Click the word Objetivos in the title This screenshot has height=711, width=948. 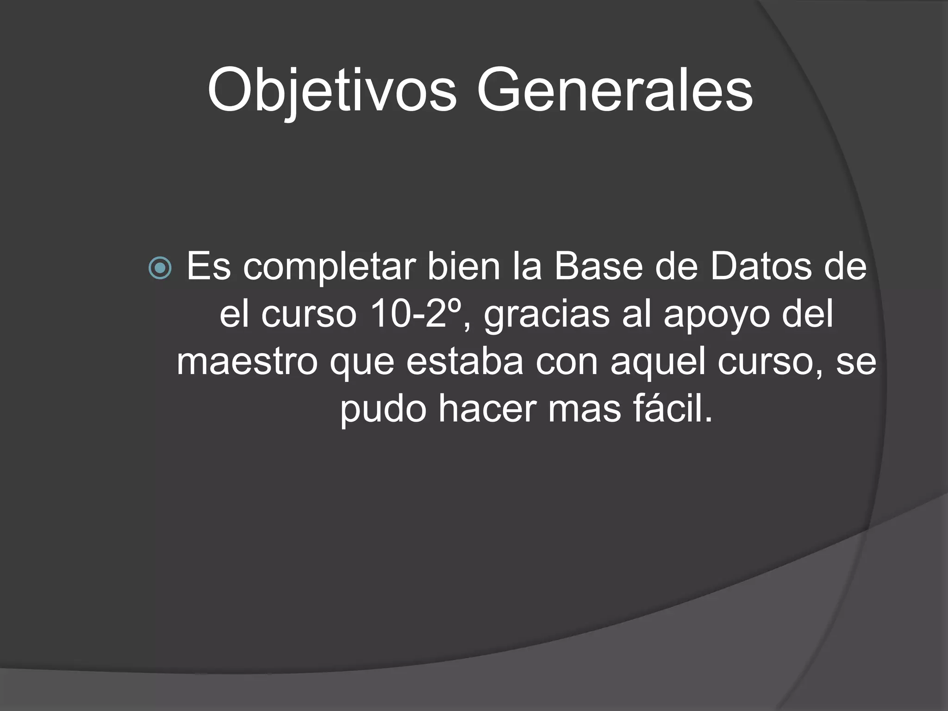[332, 90]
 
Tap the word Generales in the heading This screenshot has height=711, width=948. [614, 90]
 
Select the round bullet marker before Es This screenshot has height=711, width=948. [160, 268]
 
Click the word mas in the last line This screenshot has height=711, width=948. [585, 409]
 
